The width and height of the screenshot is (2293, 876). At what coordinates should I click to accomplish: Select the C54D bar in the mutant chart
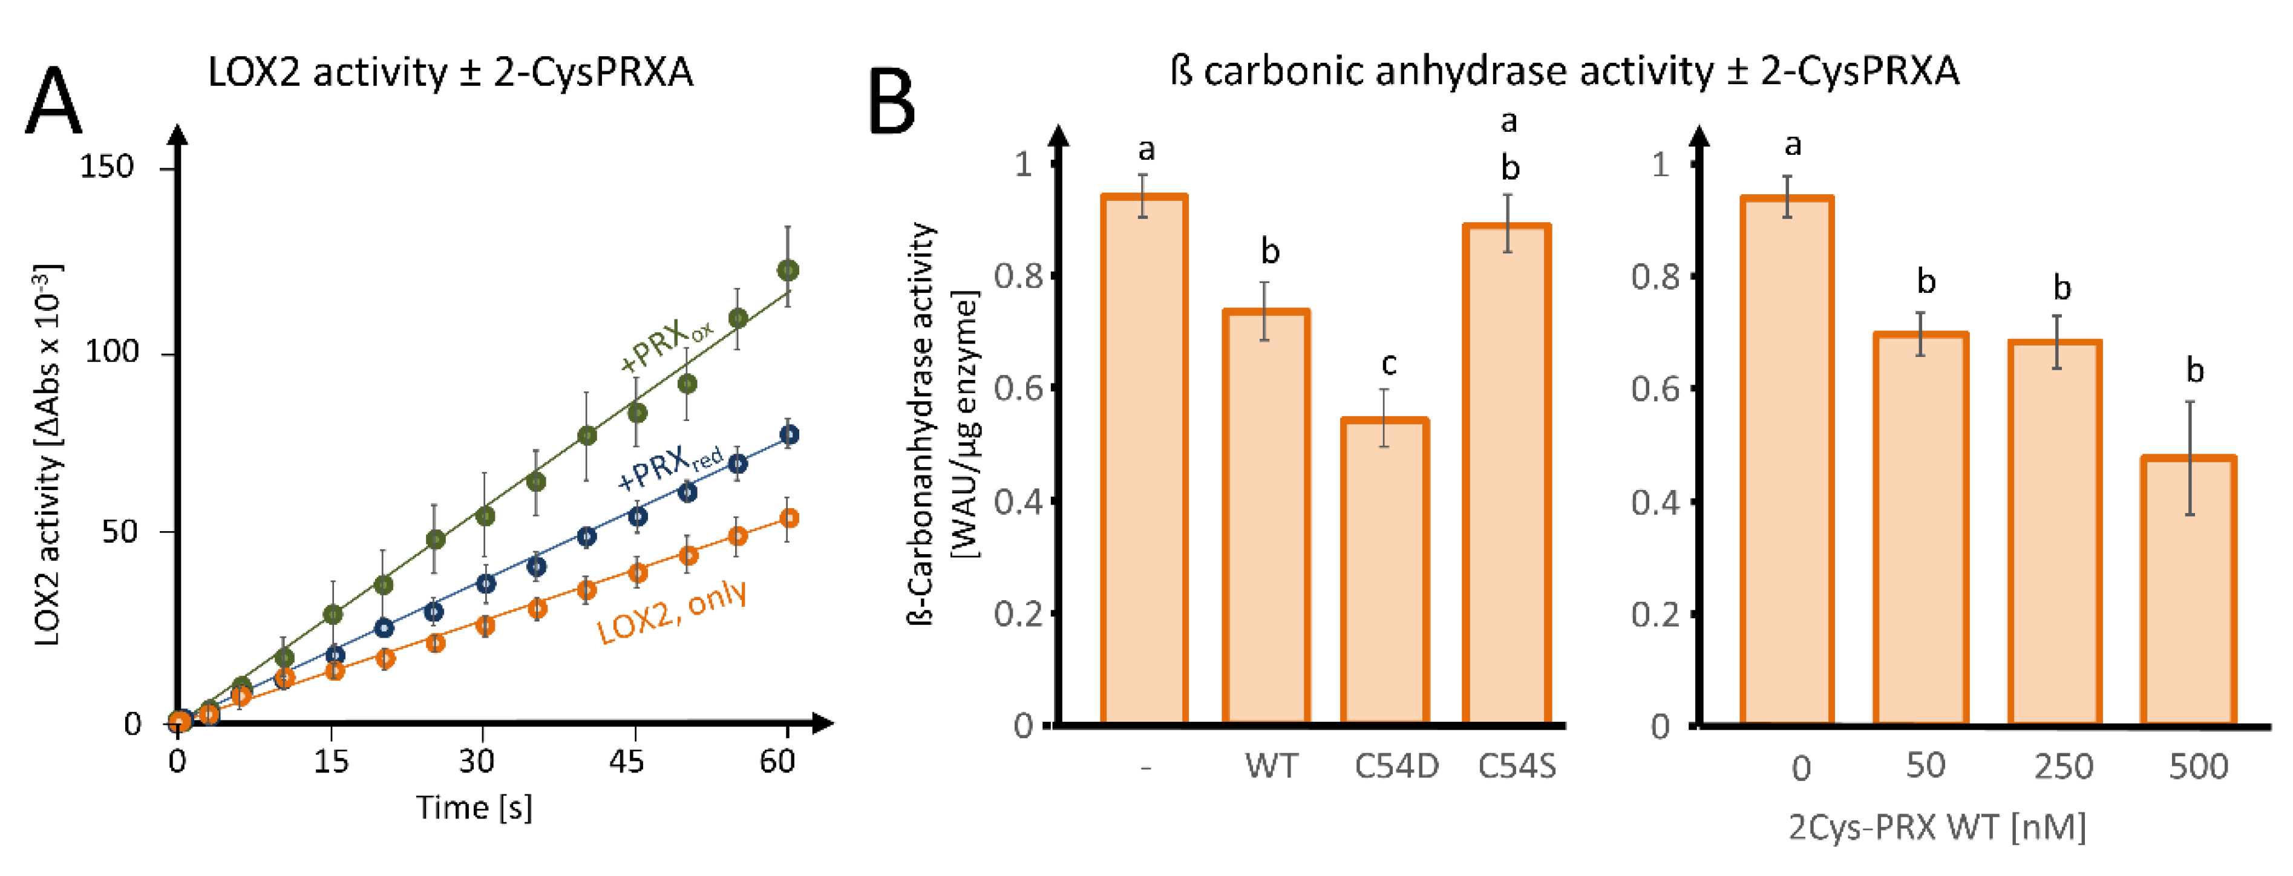(x=1384, y=570)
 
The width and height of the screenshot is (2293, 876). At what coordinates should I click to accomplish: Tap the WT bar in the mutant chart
(x=1265, y=516)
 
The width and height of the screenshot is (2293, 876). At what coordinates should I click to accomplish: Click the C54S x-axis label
(x=1516, y=766)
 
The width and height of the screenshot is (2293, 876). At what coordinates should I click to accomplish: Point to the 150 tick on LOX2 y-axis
(x=107, y=166)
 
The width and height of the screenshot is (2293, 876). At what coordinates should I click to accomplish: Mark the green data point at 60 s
(x=788, y=270)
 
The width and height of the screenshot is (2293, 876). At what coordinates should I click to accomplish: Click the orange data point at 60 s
(x=788, y=518)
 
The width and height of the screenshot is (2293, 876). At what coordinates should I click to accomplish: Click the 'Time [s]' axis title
(x=474, y=808)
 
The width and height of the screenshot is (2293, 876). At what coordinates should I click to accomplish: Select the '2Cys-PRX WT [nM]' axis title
(x=1937, y=827)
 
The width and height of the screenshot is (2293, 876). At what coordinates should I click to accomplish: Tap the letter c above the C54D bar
(x=1388, y=363)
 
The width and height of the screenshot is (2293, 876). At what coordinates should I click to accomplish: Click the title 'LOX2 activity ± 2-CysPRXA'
(x=450, y=71)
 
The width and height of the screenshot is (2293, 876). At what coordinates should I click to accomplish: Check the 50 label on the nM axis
(x=1925, y=766)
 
